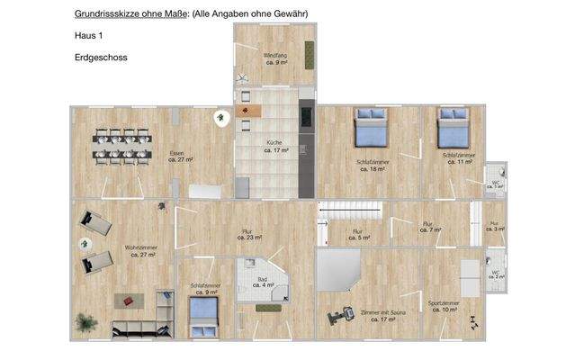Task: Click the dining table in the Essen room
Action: click(x=122, y=147)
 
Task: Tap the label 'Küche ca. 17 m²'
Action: click(x=275, y=147)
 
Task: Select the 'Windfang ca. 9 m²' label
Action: click(x=274, y=59)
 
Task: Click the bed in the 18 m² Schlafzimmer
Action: click(x=370, y=130)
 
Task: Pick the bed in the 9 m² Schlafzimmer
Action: click(x=204, y=311)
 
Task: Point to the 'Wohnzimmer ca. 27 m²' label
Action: click(x=132, y=250)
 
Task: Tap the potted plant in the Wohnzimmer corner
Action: click(x=86, y=320)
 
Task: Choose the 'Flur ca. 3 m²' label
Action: click(x=493, y=227)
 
